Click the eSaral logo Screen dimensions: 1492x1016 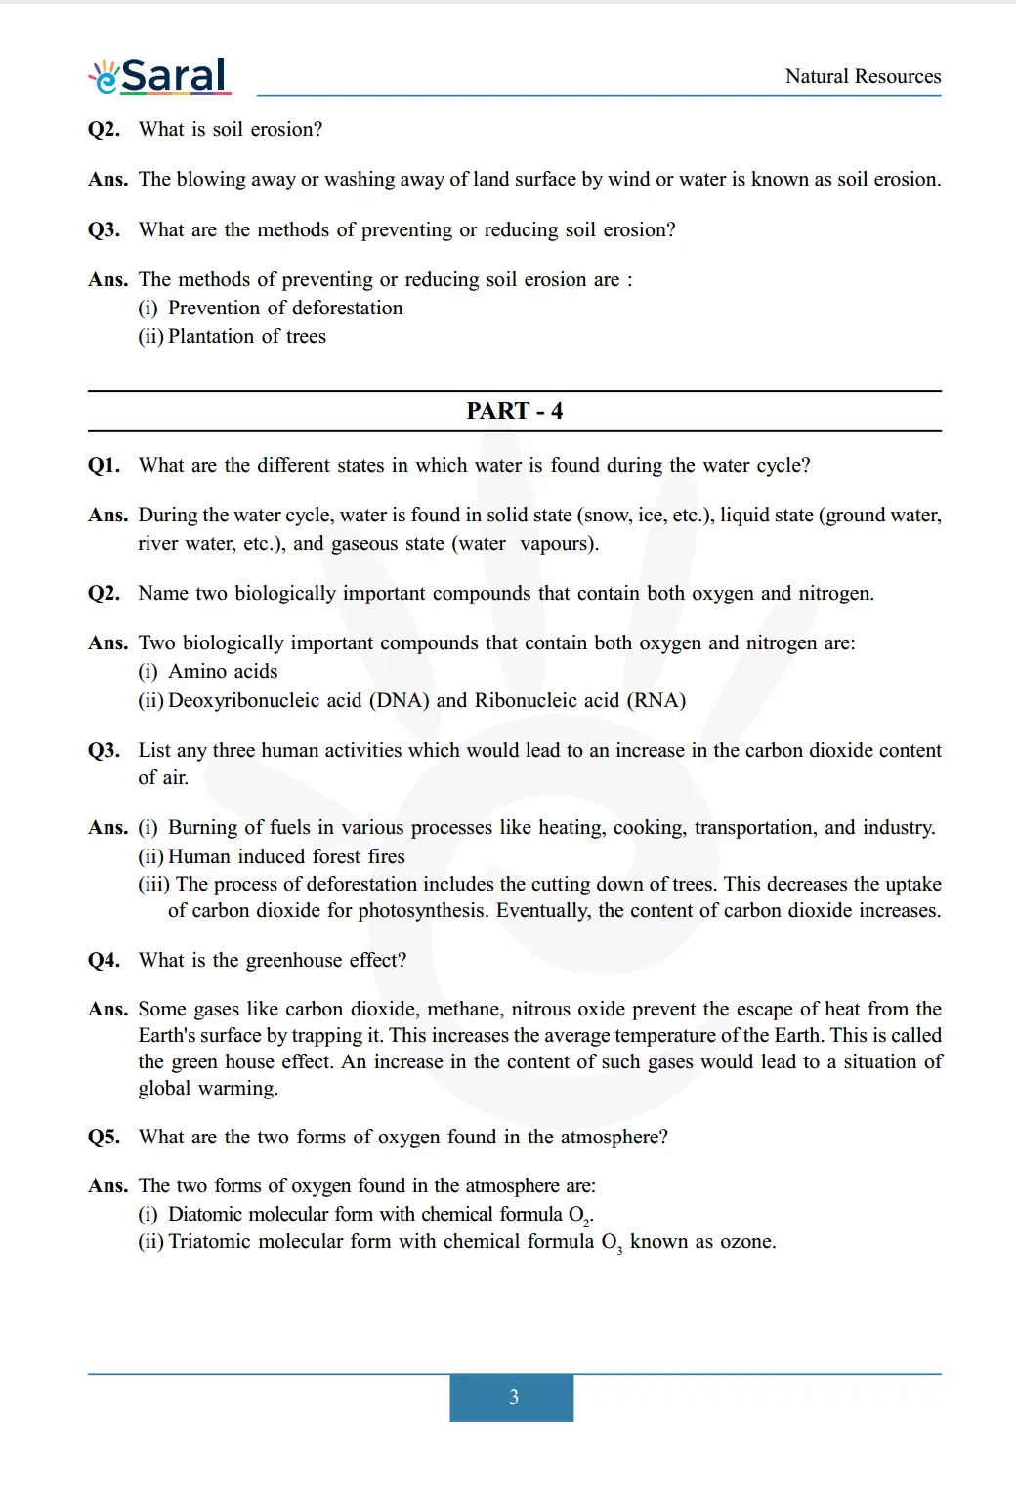click(x=160, y=76)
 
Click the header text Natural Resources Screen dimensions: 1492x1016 click(x=863, y=76)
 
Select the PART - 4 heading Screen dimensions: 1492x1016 click(x=514, y=411)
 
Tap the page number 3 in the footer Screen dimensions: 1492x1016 click(x=513, y=1397)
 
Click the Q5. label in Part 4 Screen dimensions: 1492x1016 click(x=105, y=1137)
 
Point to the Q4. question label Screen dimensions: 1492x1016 click(x=105, y=960)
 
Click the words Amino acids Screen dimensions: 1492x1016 click(x=223, y=671)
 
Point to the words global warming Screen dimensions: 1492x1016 click(x=207, y=1088)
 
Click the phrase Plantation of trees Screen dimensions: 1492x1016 click(x=247, y=336)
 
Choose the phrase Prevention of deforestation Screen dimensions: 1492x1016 click(x=285, y=308)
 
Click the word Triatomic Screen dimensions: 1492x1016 click(x=210, y=1242)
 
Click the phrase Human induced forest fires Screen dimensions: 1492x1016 click(x=286, y=856)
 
